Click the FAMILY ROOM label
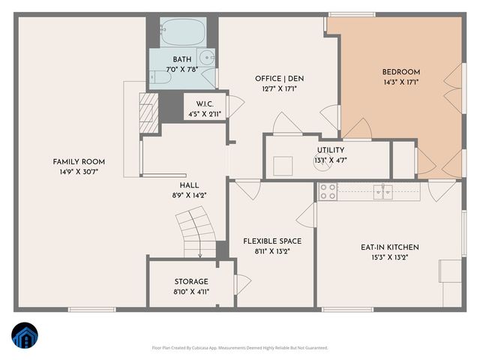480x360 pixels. [79, 162]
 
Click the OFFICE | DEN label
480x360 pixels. [279, 79]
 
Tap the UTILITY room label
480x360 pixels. [331, 150]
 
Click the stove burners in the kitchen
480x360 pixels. [327, 191]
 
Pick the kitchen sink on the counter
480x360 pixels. [385, 191]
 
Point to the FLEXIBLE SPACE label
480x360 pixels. [272, 241]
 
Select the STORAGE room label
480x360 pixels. [191, 282]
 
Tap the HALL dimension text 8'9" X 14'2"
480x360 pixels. [188, 195]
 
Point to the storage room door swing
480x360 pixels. [241, 284]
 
